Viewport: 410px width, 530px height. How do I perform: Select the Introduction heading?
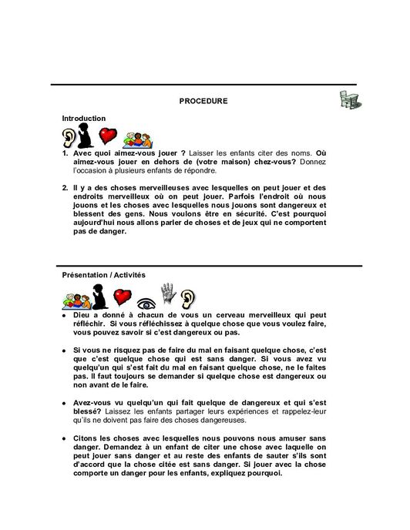pos(84,118)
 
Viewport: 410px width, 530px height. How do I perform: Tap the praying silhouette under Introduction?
pos(89,136)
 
